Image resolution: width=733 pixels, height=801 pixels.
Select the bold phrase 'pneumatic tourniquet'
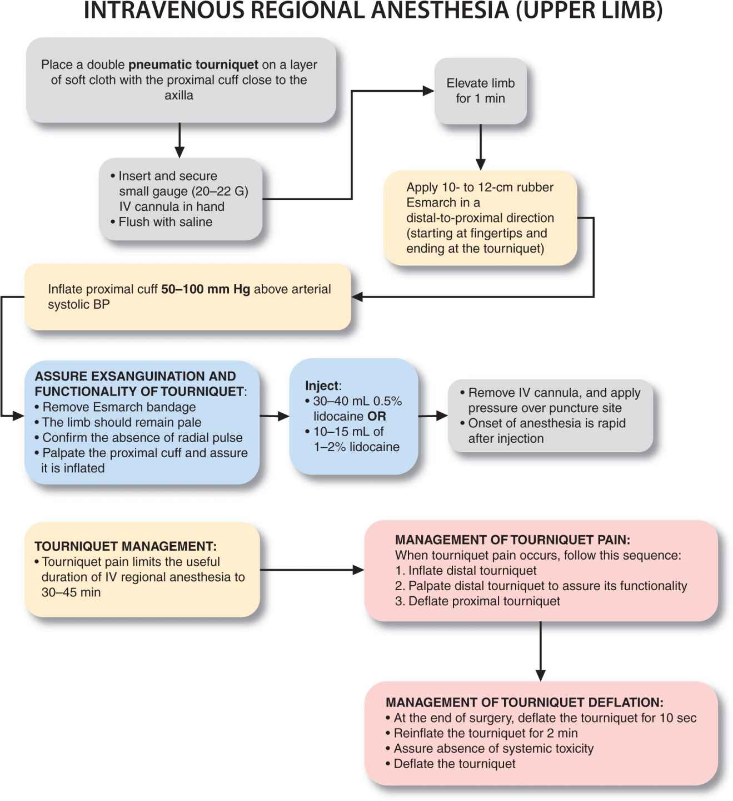[193, 65]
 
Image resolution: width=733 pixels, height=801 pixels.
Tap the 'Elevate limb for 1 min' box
[480, 91]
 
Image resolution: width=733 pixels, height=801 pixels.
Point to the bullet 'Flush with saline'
[165, 222]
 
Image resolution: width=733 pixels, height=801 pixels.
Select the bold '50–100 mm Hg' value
[206, 289]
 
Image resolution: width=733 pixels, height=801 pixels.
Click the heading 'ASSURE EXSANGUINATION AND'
[135, 376]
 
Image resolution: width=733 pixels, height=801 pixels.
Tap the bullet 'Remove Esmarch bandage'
[119, 407]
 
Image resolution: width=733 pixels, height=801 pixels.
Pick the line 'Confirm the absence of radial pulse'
[142, 438]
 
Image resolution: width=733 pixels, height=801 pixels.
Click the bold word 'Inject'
[322, 386]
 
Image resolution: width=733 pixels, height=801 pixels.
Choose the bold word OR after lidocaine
[376, 417]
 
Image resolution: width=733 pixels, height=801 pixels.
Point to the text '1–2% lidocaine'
[356, 447]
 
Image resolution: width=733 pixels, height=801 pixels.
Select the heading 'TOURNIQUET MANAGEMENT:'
[126, 546]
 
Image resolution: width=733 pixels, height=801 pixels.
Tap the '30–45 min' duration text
[71, 592]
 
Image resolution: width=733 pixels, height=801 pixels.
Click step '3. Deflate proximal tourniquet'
[477, 601]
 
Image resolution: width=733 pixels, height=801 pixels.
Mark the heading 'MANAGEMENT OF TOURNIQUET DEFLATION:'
[524, 703]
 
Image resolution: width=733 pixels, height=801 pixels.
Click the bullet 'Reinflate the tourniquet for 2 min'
[485, 733]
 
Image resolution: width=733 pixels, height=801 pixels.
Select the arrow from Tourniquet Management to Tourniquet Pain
[311, 570]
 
